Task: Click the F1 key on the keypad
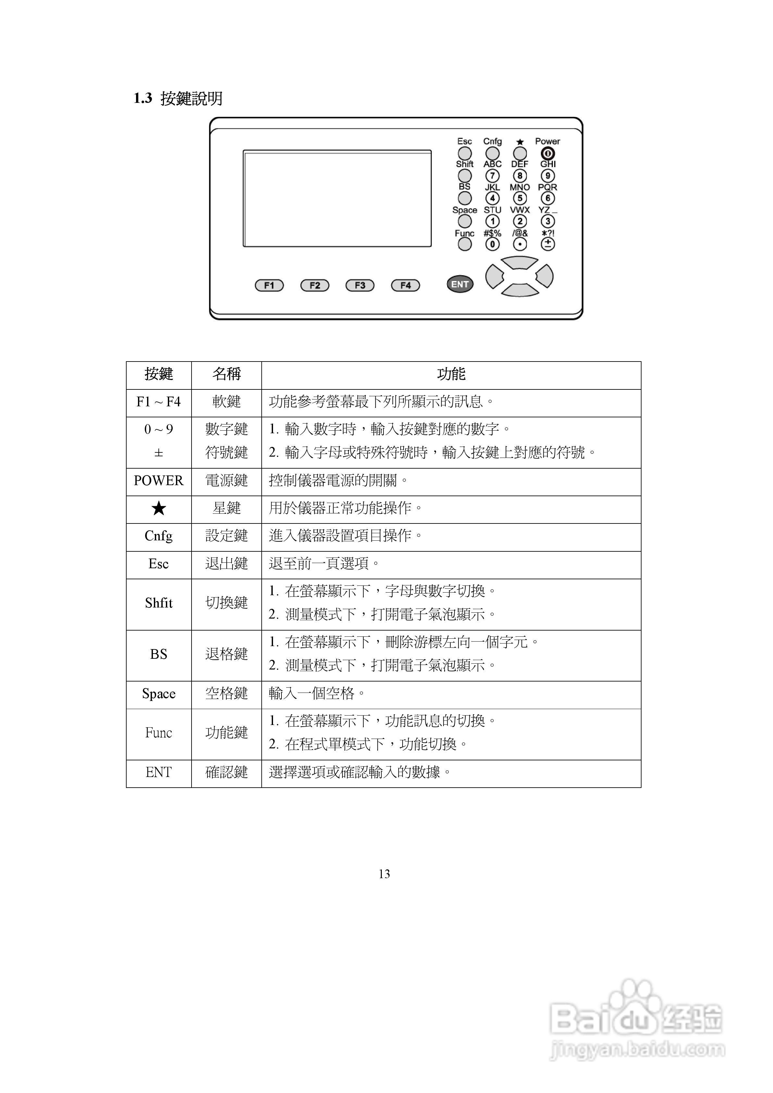(269, 285)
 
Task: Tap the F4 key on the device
(405, 285)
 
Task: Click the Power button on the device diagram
(548, 153)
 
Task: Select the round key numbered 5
(520, 198)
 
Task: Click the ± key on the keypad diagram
(548, 244)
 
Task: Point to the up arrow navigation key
(520, 262)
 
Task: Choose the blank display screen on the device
(337, 199)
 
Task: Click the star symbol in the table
(159, 509)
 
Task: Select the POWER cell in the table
(159, 481)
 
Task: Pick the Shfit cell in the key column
(159, 603)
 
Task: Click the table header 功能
(451, 374)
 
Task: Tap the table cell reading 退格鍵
(226, 654)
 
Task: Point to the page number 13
(384, 874)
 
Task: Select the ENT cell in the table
(159, 772)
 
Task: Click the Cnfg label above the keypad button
(492, 141)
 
